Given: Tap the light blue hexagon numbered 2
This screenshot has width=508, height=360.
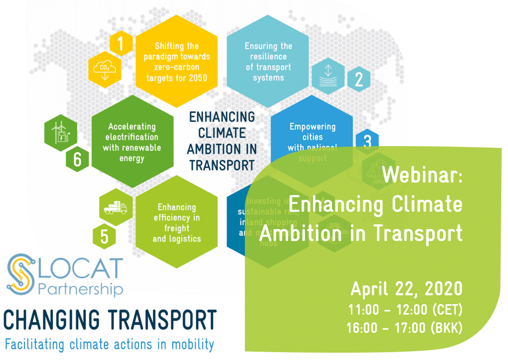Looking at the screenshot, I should point(359,79).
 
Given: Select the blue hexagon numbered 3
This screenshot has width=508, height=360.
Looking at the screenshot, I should point(367,141).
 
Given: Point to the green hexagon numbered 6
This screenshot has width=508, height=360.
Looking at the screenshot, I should point(77,159).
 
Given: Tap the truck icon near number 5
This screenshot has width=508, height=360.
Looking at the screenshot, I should point(115,207).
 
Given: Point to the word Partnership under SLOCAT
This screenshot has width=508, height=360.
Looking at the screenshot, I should point(81,289).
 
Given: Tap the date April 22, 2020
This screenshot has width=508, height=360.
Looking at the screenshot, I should point(406,288).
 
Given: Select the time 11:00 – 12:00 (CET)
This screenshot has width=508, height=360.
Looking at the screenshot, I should point(405,310).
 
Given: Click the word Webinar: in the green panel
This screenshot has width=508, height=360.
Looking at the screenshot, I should point(422,176).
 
